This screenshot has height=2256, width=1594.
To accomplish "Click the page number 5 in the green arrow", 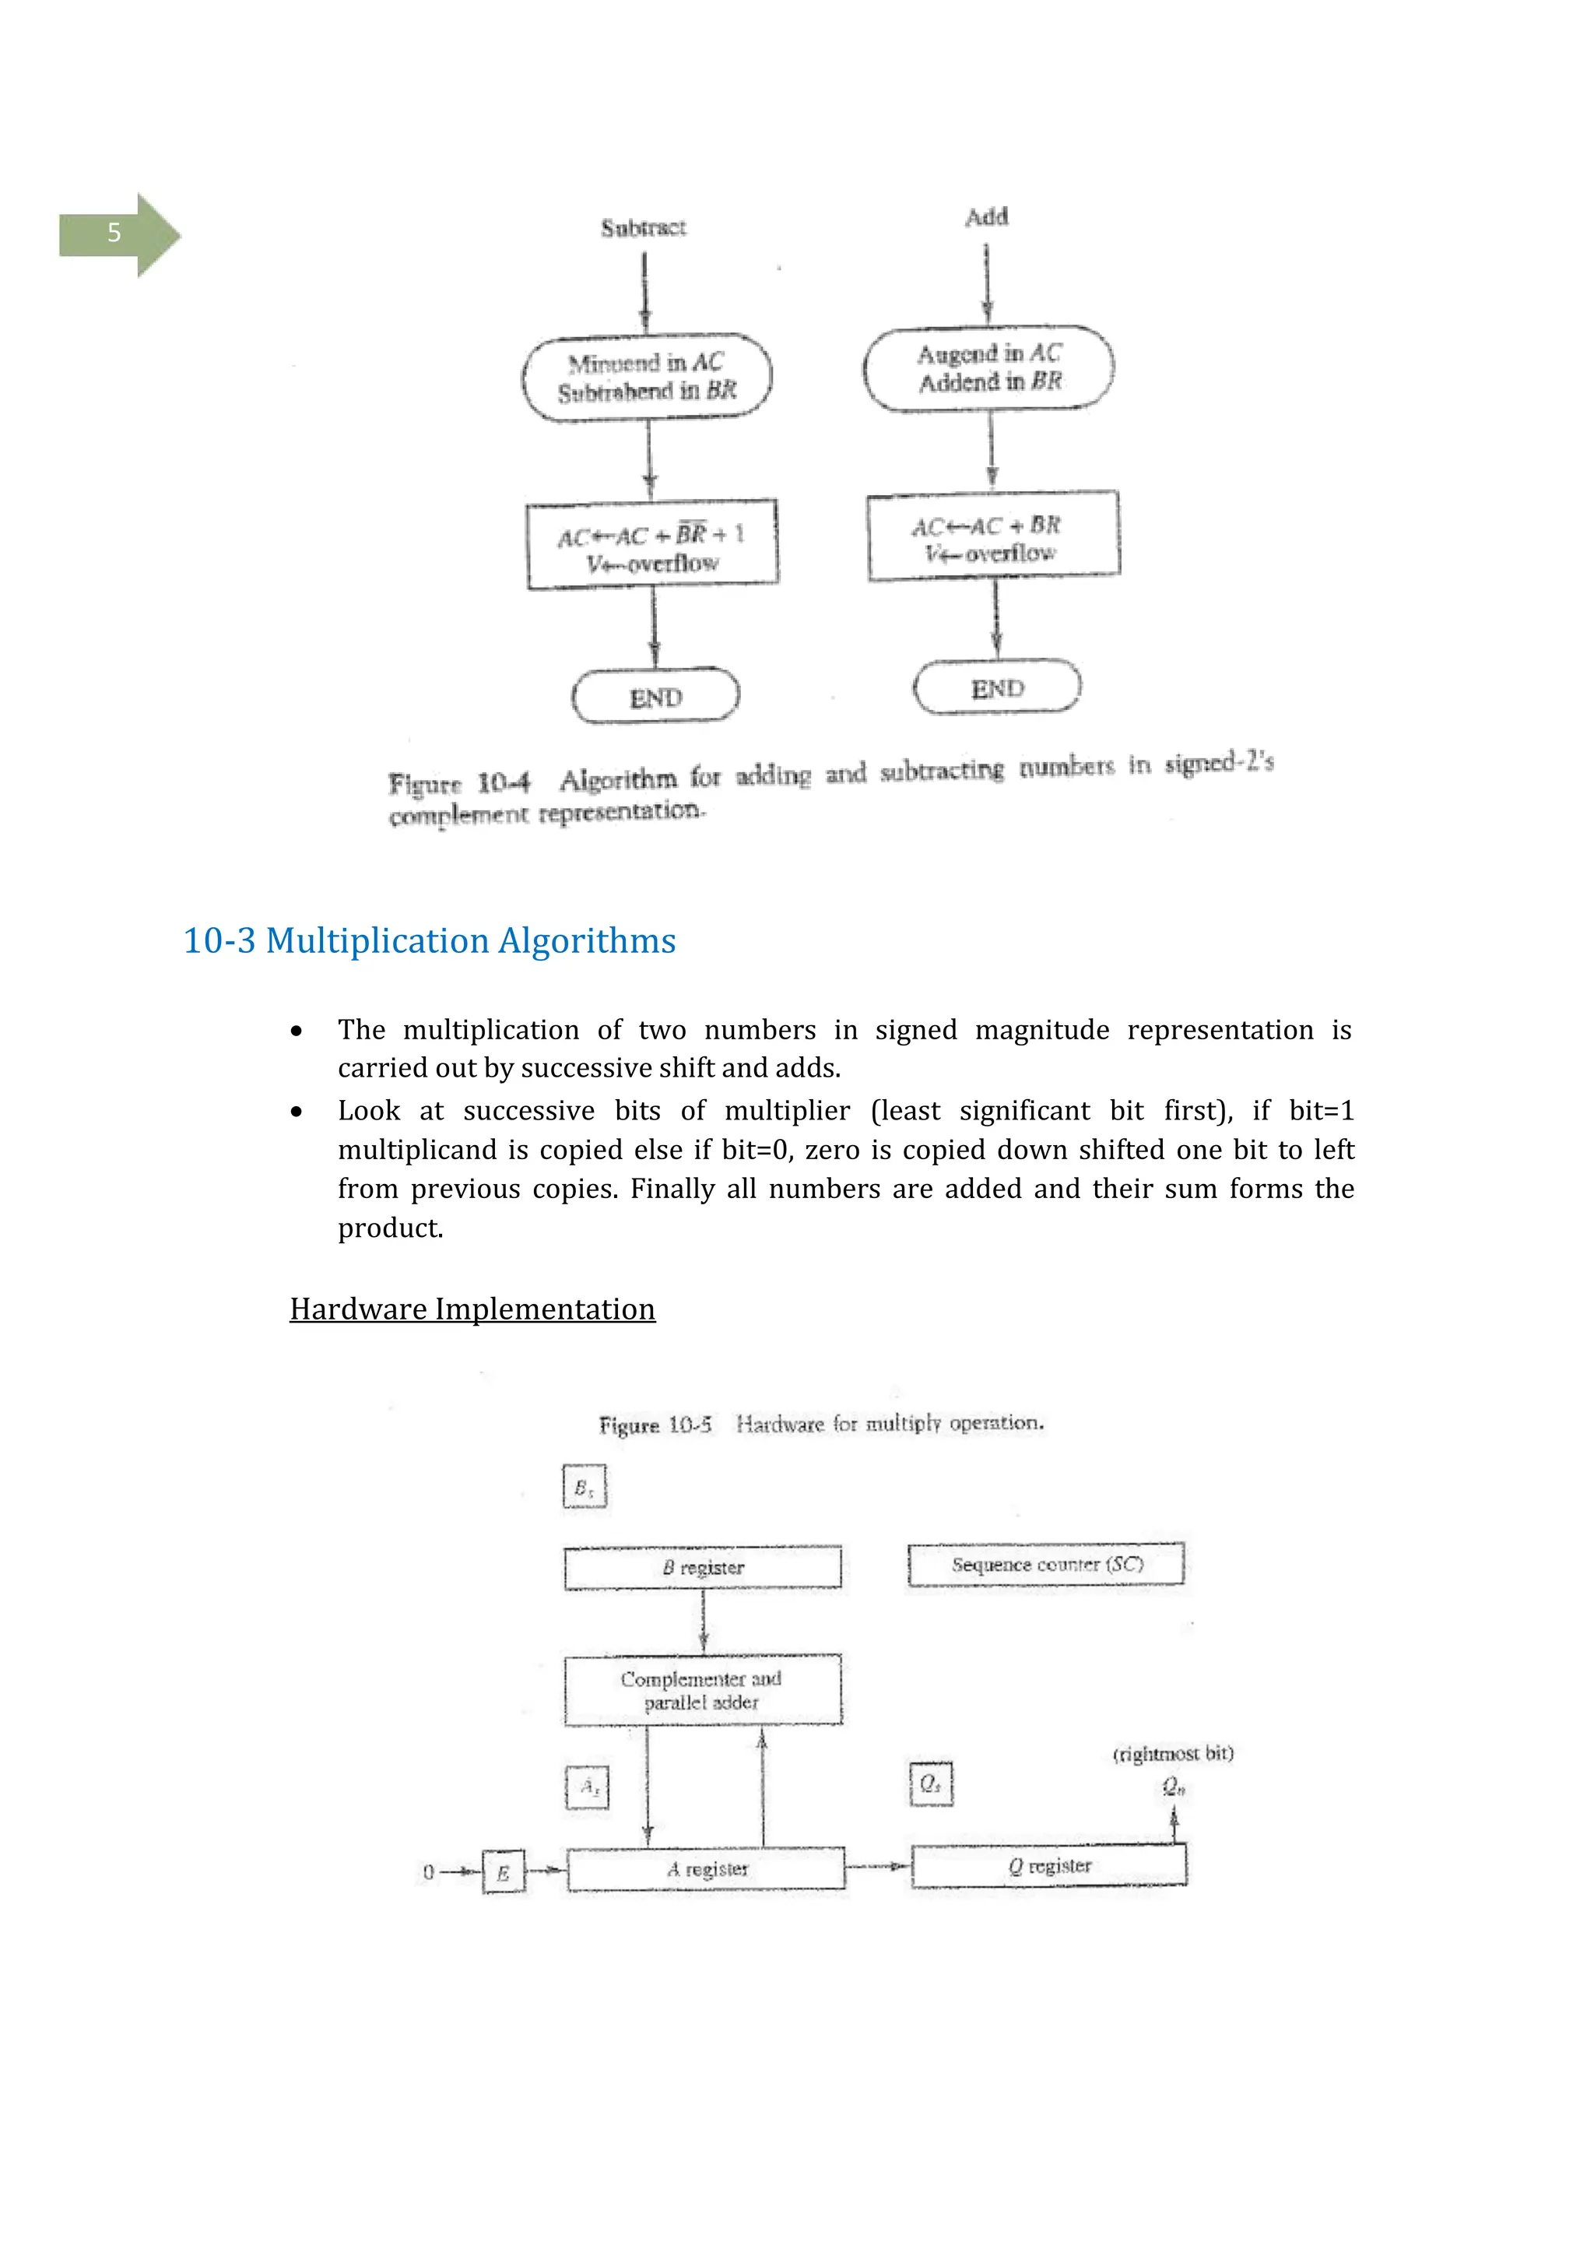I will pyautogui.click(x=114, y=233).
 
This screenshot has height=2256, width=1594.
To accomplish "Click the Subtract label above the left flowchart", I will pyautogui.click(x=644, y=228).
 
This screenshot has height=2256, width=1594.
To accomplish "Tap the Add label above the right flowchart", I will pyautogui.click(x=986, y=217).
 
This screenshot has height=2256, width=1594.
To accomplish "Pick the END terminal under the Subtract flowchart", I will pyautogui.click(x=655, y=698).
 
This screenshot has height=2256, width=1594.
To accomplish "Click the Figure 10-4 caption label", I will pyautogui.click(x=458, y=783).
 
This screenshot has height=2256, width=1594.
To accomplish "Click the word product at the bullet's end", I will pyautogui.click(x=390, y=1228).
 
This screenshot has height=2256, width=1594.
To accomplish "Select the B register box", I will pyautogui.click(x=702, y=1567).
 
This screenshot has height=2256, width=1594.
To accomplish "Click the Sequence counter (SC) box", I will pyautogui.click(x=1046, y=1564).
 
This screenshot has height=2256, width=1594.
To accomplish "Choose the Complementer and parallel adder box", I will pyautogui.click(x=702, y=1690).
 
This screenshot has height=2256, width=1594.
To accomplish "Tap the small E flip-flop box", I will pyautogui.click(x=503, y=1871).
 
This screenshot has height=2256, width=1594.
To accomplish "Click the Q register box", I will pyautogui.click(x=1049, y=1865).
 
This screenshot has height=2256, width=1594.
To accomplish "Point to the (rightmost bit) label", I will pyautogui.click(x=1173, y=1754).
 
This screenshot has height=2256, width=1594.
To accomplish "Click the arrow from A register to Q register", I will pyautogui.click(x=877, y=1865).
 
